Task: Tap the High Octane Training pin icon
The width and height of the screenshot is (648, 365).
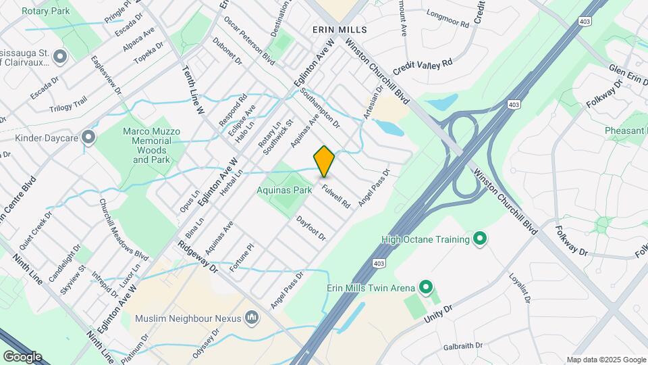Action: pos(480,239)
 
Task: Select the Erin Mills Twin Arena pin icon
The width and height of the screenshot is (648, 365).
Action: pos(425,288)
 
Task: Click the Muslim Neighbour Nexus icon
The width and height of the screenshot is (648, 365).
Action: pos(252,317)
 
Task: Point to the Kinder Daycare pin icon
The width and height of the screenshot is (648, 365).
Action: pos(88,138)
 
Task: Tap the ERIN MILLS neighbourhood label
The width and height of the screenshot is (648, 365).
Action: pos(340,30)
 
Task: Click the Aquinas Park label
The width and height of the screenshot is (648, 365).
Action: pos(284,190)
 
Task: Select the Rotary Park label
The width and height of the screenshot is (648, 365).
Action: pos(45,11)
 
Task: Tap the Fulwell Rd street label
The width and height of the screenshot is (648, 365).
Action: pos(337,196)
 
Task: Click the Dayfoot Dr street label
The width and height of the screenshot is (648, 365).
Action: pos(311,228)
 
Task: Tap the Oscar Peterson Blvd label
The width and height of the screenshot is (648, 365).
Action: pos(250,41)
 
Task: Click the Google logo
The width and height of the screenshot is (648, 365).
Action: pos(22,356)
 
